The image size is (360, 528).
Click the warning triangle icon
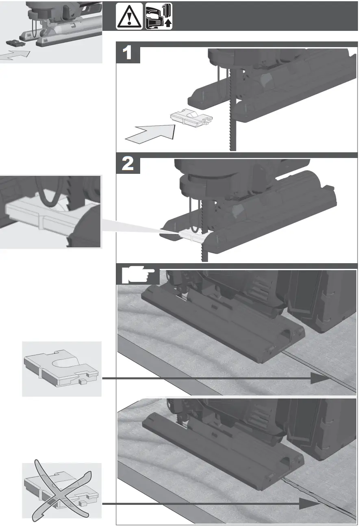129,16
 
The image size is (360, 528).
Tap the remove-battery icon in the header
159,16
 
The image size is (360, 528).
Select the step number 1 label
128,54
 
